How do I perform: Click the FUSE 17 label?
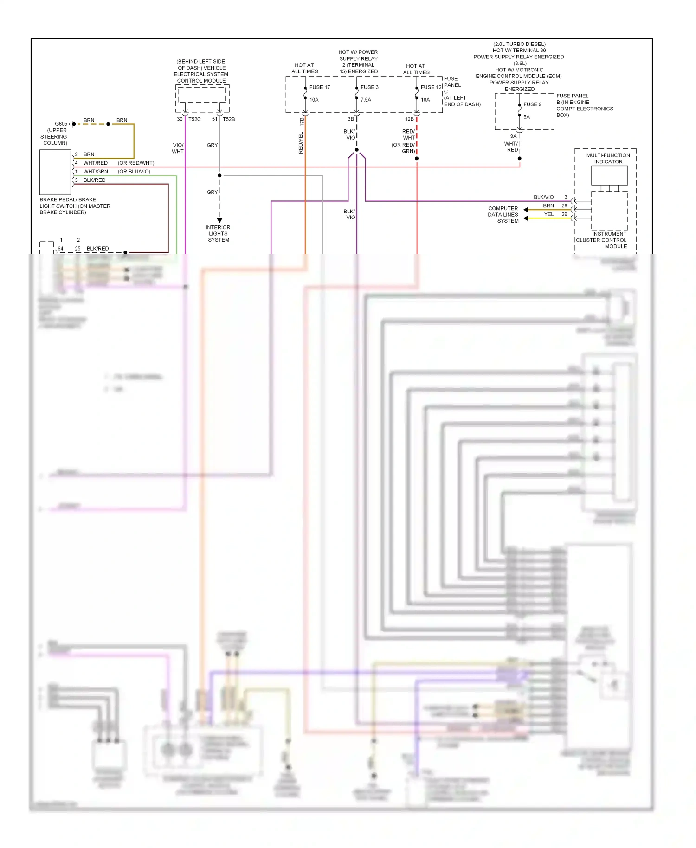click(319, 87)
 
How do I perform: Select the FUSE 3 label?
click(369, 87)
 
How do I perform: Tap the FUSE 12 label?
click(431, 87)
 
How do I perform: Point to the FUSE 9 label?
click(532, 104)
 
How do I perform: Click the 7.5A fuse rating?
click(366, 100)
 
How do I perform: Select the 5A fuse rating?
click(526, 117)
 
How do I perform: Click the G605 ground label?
click(61, 124)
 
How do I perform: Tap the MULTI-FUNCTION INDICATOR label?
click(608, 159)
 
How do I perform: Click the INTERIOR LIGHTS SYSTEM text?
click(218, 234)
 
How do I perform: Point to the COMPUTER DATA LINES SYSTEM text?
click(503, 215)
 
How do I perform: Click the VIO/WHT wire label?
click(178, 148)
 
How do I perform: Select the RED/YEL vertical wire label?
click(301, 143)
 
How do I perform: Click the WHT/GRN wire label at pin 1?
click(96, 172)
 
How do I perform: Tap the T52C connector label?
click(194, 119)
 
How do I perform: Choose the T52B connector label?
click(229, 119)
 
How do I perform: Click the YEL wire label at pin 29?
click(548, 214)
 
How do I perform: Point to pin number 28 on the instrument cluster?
click(564, 206)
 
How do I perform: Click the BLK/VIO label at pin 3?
click(543, 197)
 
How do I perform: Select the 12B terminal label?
click(409, 119)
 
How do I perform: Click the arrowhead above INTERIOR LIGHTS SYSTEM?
click(219, 220)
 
